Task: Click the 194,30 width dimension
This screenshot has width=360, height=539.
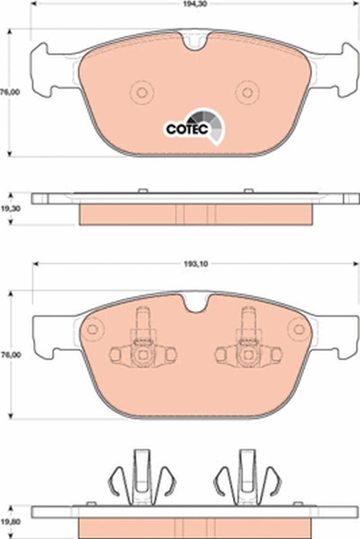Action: pos(196,4)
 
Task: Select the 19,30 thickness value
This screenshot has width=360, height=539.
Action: pos(9,209)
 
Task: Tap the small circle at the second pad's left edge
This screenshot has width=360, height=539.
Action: pos(92,329)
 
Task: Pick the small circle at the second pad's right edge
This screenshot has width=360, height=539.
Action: pos(297,329)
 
